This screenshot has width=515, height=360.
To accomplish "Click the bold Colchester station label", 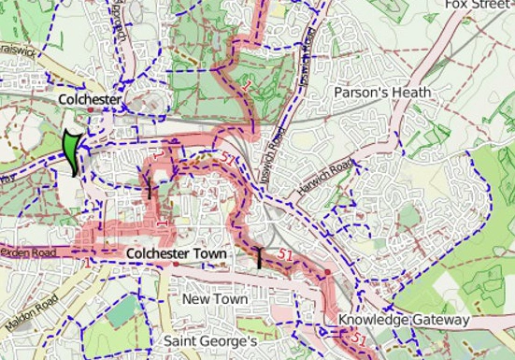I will tap(90, 98).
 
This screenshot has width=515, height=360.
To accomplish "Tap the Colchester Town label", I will tap(176, 253).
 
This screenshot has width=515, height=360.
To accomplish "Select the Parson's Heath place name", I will tap(383, 93).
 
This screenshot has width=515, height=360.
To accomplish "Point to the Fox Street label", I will tap(479, 5).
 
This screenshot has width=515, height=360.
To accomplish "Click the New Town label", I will tap(215, 298).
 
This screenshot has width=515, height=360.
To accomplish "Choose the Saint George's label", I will tap(210, 341).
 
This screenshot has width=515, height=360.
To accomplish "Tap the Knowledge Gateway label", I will tap(404, 320).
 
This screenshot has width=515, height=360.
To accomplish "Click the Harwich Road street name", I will tap(326, 175).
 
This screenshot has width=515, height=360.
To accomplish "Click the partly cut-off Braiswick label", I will tap(17, 49).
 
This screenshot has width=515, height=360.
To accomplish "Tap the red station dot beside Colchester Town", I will tap(175, 265).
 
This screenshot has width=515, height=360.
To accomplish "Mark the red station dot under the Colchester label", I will tap(91, 109).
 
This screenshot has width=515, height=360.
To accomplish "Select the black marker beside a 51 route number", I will tap(260, 257).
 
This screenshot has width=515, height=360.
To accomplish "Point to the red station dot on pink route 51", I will tap(327, 271).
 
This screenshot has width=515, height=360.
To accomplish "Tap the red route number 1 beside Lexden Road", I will tap(87, 264).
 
